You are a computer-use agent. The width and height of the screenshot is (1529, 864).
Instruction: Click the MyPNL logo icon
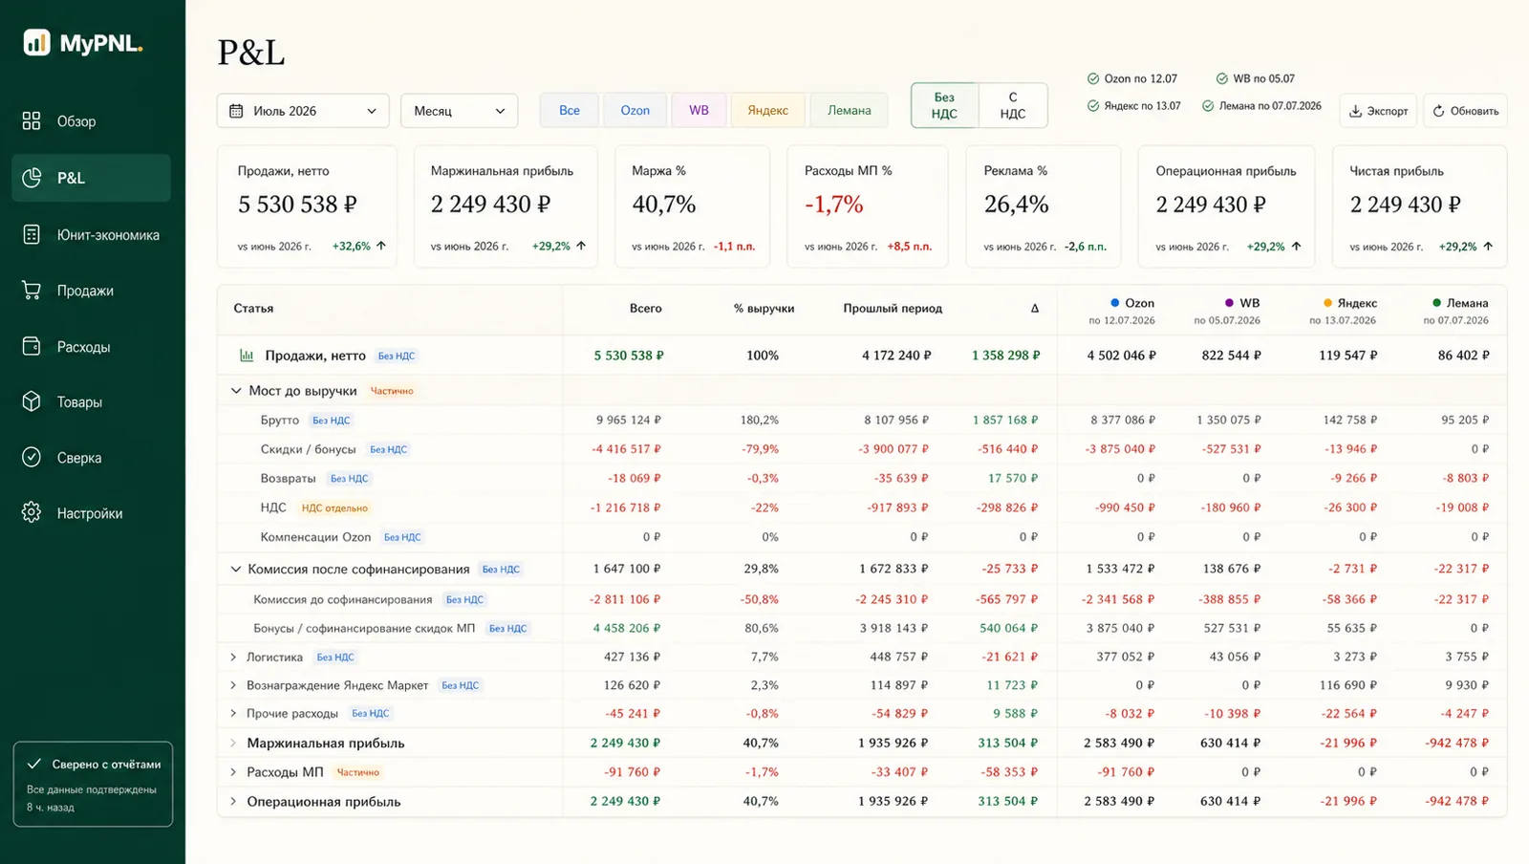(x=37, y=42)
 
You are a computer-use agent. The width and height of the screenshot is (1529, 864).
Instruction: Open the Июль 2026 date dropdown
(x=303, y=111)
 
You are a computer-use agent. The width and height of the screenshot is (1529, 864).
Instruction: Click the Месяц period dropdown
(x=459, y=111)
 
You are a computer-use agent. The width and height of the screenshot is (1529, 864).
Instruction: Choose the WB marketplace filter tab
(x=699, y=111)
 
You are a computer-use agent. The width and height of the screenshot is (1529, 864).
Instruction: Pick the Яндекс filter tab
(x=768, y=111)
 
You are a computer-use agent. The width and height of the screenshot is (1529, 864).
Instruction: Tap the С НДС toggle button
(x=1013, y=106)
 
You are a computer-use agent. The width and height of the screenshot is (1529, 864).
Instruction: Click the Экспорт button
(x=1378, y=111)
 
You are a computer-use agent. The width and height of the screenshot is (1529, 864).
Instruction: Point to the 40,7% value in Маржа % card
(x=663, y=205)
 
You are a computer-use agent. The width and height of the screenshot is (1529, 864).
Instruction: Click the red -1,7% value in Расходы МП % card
(x=834, y=205)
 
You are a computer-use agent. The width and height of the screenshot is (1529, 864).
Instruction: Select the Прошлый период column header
(x=893, y=309)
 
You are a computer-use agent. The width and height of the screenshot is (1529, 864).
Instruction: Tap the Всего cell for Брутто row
(x=629, y=420)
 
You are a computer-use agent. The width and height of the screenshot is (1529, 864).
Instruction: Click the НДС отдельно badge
(x=334, y=508)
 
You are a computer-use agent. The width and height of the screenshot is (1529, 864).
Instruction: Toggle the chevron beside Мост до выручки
(x=236, y=391)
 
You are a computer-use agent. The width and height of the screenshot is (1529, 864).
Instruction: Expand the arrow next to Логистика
(x=233, y=658)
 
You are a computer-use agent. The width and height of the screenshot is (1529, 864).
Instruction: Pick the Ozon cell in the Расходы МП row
(x=1126, y=772)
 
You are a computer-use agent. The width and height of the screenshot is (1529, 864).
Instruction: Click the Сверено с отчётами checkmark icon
(x=34, y=764)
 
